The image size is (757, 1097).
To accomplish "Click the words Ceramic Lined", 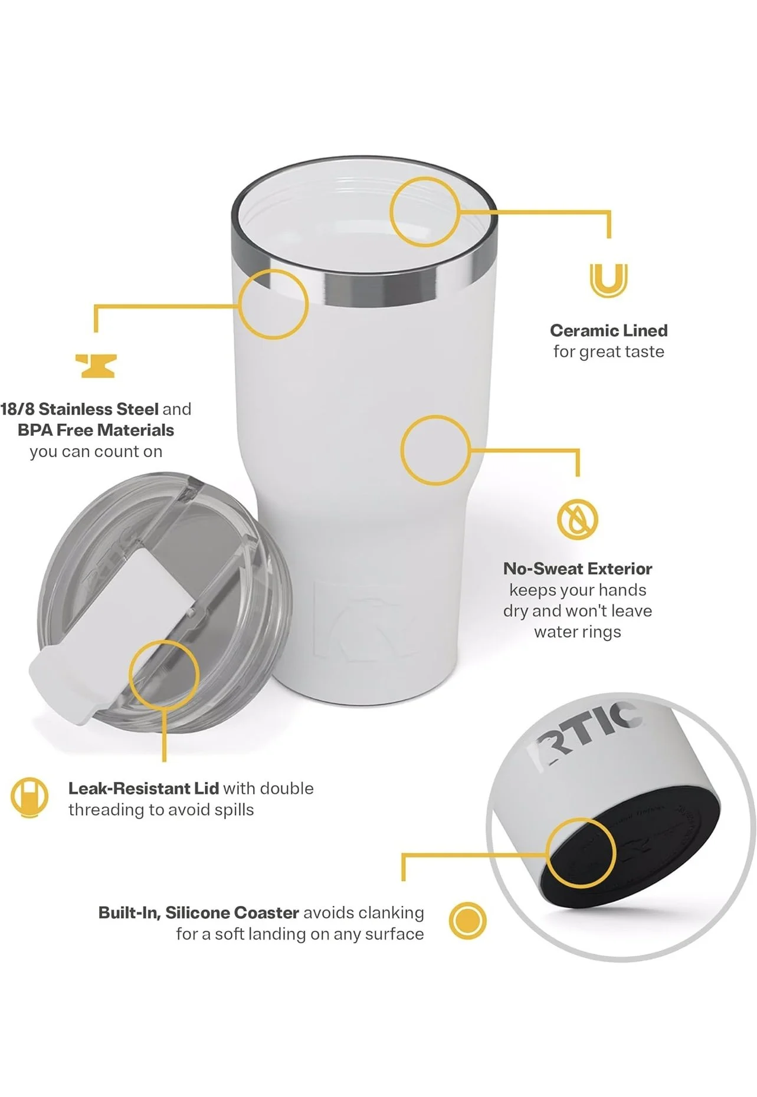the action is click(608, 330).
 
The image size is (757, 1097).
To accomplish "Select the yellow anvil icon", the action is click(96, 366).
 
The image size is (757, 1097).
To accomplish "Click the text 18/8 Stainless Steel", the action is click(80, 409).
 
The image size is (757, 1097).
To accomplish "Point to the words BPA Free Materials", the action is click(96, 430).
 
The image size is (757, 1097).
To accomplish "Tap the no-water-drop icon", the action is click(578, 520).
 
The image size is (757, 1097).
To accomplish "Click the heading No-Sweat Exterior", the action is click(578, 569).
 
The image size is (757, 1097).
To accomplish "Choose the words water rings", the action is click(578, 632).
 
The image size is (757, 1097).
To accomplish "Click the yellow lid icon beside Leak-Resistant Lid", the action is click(30, 797).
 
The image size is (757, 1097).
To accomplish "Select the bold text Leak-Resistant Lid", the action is click(143, 788).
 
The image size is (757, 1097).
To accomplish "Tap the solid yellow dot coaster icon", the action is click(467, 921).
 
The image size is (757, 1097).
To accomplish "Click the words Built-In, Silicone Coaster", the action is click(199, 913).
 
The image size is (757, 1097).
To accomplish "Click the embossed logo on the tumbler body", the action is click(366, 619).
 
